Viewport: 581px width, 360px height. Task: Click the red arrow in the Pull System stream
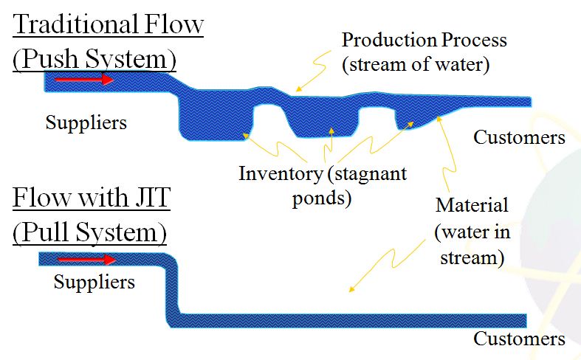coord(86,260)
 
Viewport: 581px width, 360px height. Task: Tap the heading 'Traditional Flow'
coord(108,24)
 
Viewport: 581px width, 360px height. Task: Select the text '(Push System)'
coord(90,58)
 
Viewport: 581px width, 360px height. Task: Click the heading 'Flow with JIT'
coord(90,199)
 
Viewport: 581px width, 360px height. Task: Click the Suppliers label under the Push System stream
coord(86,122)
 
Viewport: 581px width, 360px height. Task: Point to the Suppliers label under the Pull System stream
coord(94,282)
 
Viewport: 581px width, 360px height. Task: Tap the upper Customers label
coord(519,137)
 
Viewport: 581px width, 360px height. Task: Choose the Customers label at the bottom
coord(519,339)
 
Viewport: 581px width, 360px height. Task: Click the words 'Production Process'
coord(424,40)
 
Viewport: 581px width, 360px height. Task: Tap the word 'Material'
coord(472,204)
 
